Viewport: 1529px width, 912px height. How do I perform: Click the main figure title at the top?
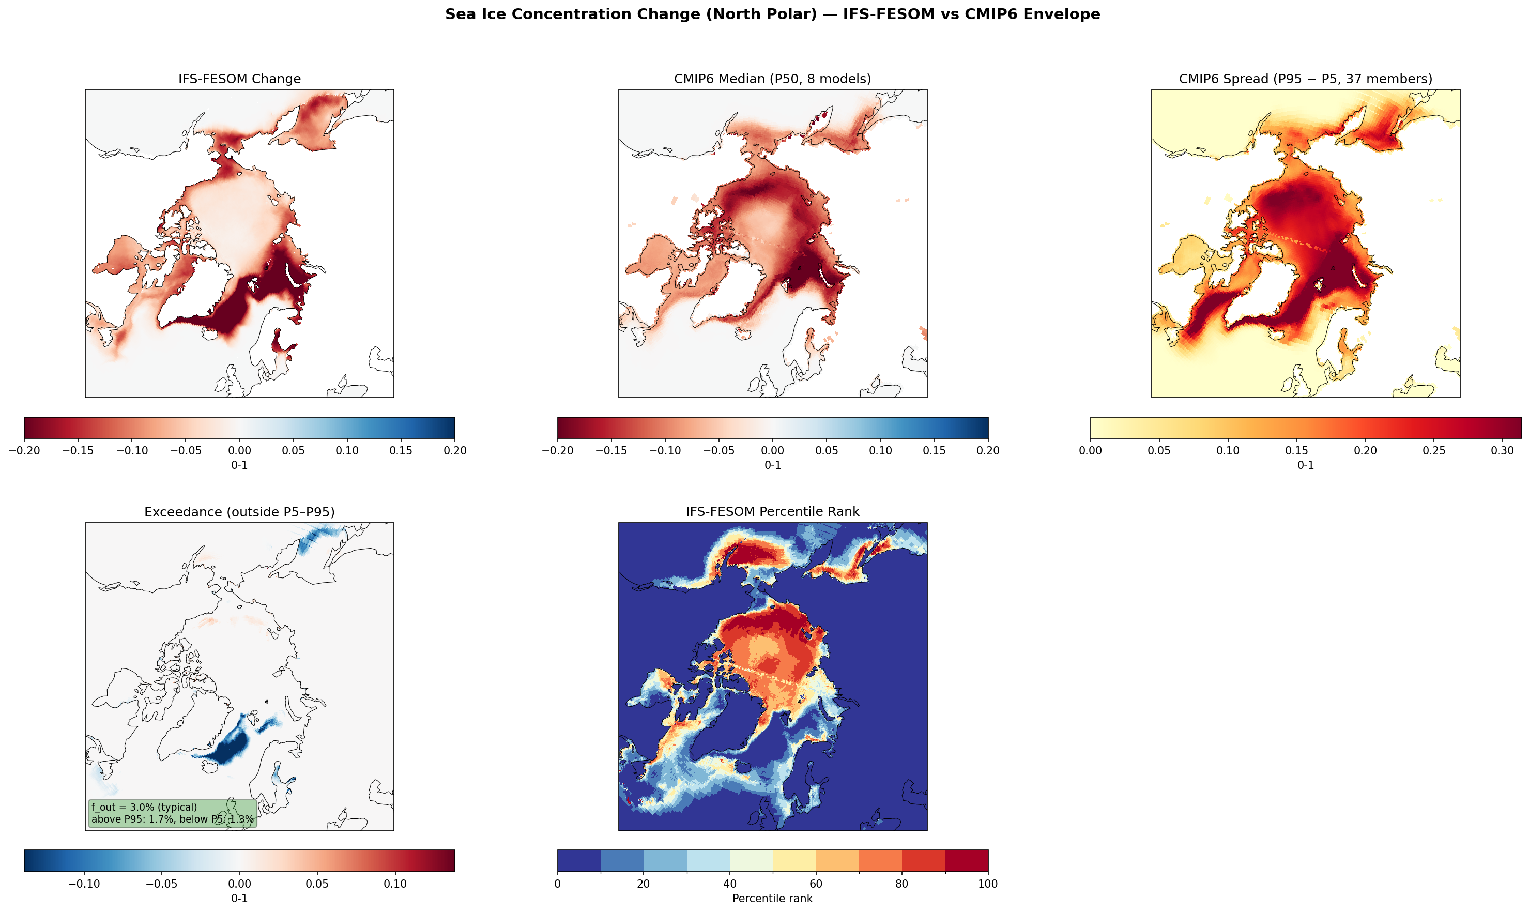pyautogui.click(x=772, y=14)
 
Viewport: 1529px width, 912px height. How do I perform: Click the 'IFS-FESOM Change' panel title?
pyautogui.click(x=239, y=79)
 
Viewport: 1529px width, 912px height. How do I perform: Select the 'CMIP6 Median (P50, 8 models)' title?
pyautogui.click(x=772, y=79)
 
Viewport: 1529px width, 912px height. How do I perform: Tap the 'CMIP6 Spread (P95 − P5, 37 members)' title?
pyautogui.click(x=1305, y=79)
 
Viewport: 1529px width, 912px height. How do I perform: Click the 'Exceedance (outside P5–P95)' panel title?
pyautogui.click(x=239, y=512)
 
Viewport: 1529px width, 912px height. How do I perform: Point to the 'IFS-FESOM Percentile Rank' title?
pyautogui.click(x=772, y=512)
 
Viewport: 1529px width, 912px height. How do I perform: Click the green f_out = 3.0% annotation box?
pyautogui.click(x=172, y=813)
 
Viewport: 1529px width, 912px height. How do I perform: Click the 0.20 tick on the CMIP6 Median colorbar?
pyautogui.click(x=988, y=450)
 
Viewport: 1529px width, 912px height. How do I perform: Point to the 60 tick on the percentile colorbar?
pyautogui.click(x=816, y=884)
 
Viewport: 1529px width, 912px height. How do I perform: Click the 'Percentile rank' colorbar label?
pyautogui.click(x=772, y=899)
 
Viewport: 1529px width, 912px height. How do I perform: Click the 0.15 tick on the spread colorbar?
pyautogui.click(x=1297, y=450)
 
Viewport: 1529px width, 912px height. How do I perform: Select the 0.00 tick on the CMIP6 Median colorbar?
pyautogui.click(x=772, y=450)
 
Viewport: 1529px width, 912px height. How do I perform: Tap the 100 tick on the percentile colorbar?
pyautogui.click(x=988, y=884)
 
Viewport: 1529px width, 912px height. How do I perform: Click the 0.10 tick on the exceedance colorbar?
pyautogui.click(x=395, y=884)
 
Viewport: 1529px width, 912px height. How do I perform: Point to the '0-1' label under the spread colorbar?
pyautogui.click(x=1305, y=465)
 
